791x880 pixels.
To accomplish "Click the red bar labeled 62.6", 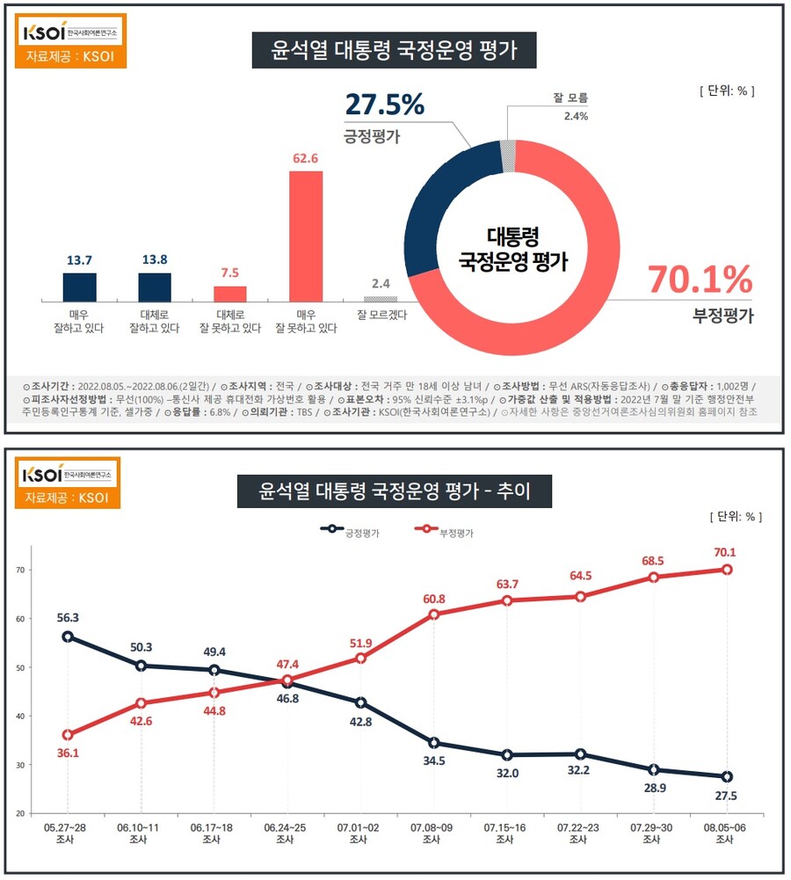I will [306, 236].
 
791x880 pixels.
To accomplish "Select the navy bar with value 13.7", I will [79, 287].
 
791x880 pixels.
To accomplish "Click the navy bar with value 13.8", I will [155, 287].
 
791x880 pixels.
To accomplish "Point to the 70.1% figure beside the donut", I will [700, 280].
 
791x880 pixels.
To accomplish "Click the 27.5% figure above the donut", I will [384, 105].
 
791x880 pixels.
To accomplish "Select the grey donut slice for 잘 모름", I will [507, 155].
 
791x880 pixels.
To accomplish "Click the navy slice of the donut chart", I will [439, 202].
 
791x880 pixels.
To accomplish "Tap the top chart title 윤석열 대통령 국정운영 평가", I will [394, 50].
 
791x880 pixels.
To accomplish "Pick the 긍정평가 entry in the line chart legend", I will [352, 530].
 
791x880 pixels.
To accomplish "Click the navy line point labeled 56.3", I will [68, 636].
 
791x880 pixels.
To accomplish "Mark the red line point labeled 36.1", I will [68, 735].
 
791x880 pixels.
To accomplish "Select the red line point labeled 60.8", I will [433, 615].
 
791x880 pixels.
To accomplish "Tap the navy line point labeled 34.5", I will [433, 743].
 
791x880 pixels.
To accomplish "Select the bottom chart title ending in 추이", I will [394, 490].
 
